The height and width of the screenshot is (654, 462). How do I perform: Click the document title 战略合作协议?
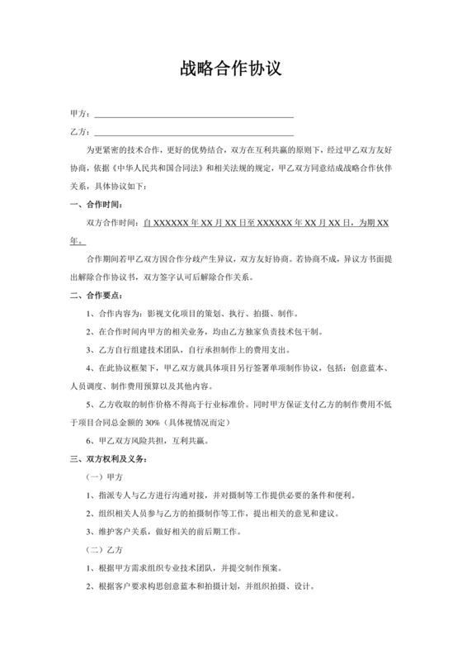point(231,69)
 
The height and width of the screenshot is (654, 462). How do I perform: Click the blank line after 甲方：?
point(194,115)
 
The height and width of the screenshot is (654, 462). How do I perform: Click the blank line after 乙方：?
point(194,133)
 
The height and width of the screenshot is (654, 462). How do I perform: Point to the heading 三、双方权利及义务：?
point(109,458)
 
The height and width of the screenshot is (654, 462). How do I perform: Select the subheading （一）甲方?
point(105,476)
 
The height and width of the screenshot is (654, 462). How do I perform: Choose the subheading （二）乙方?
point(105,549)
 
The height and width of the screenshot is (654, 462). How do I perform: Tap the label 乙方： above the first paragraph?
point(80,132)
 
